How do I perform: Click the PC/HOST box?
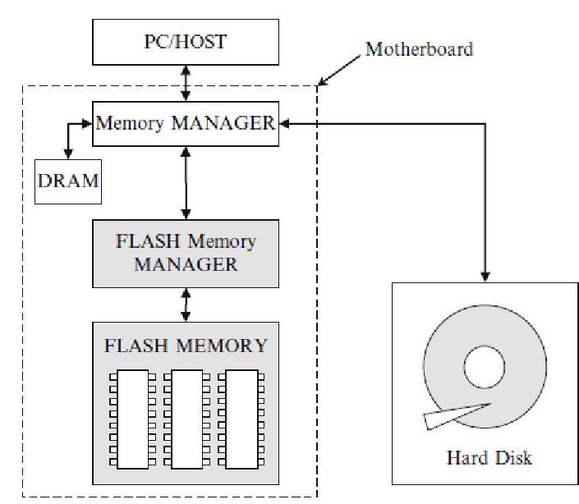point(185,42)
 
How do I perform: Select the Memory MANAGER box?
point(185,123)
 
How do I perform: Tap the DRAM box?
point(68,181)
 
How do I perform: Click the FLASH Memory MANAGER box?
point(185,253)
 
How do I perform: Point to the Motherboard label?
point(419,48)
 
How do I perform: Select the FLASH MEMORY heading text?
point(186,345)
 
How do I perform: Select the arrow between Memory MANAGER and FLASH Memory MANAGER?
point(188,182)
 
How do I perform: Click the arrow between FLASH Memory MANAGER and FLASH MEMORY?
point(186,305)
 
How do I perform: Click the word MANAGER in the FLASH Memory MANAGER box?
point(186,264)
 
